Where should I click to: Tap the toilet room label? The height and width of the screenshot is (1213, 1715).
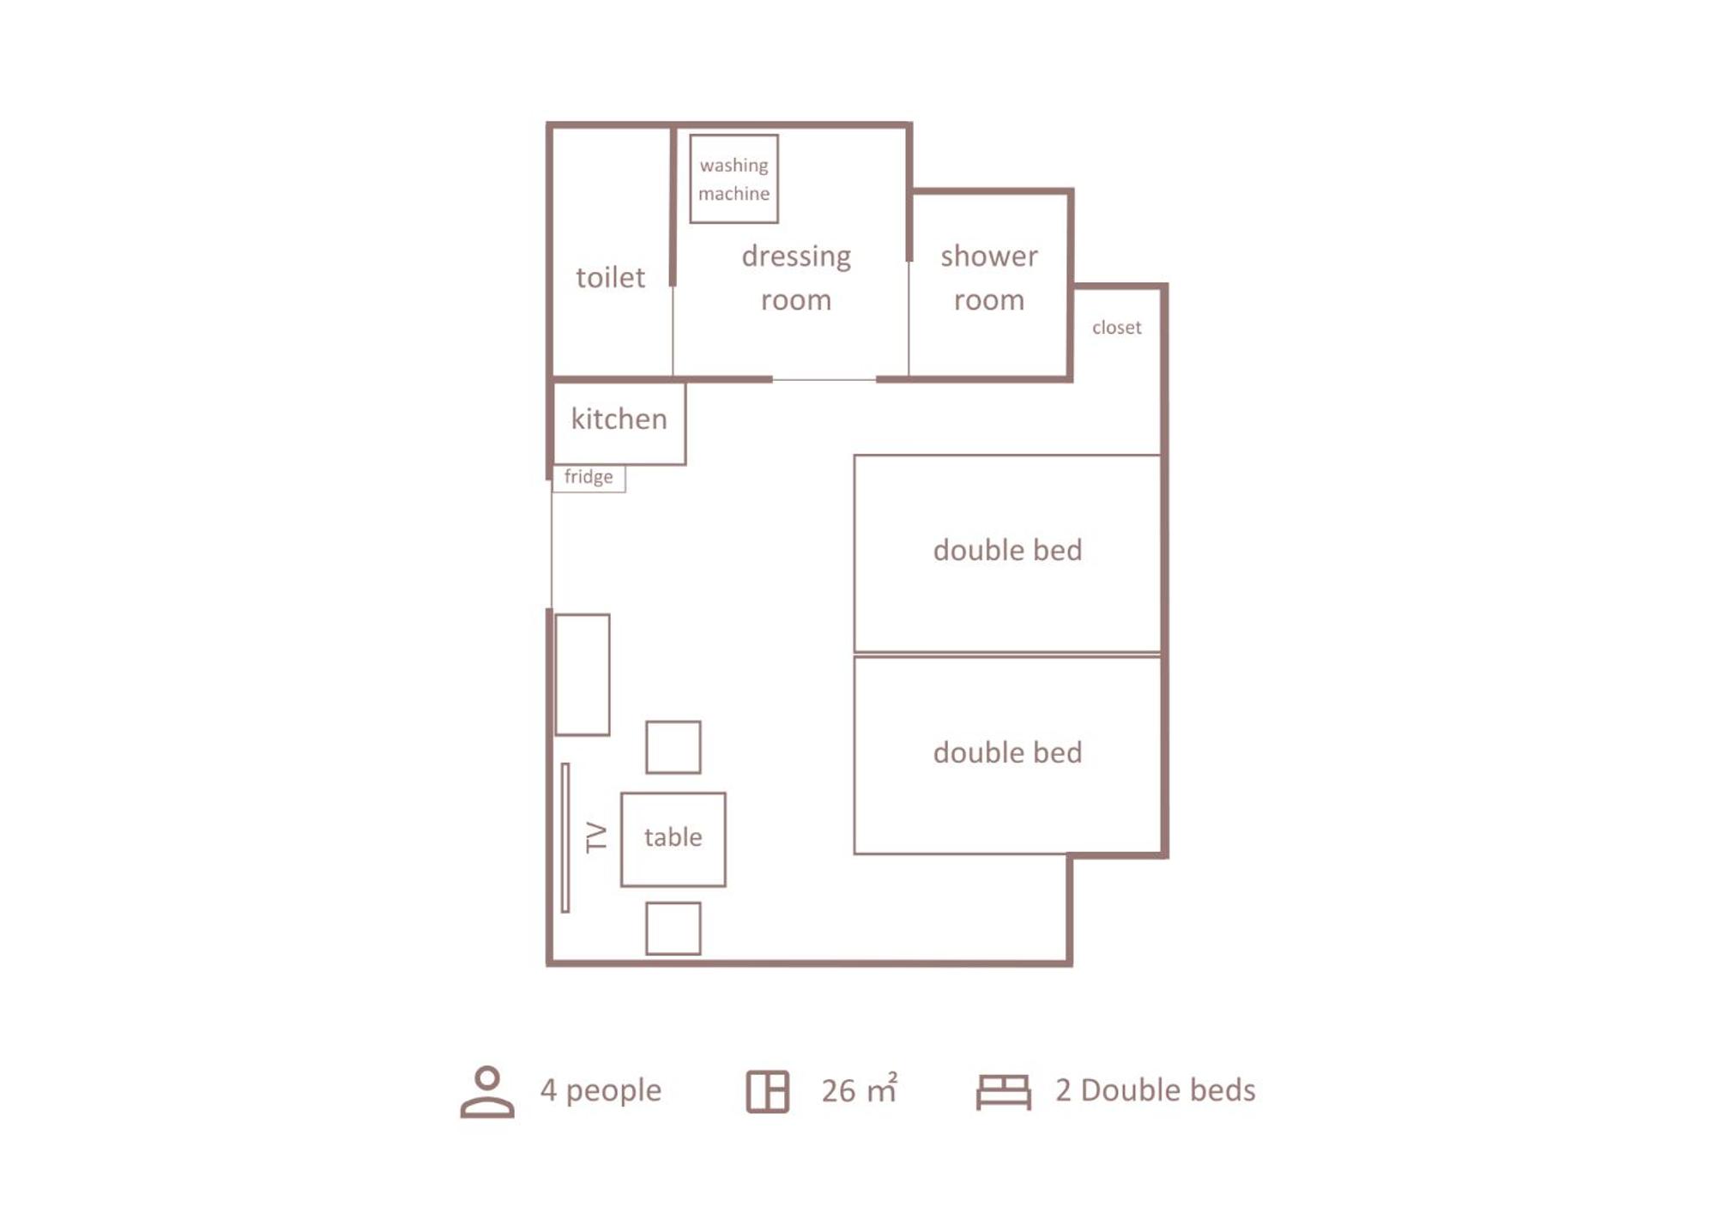[610, 277]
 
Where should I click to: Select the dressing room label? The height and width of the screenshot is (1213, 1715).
[796, 277]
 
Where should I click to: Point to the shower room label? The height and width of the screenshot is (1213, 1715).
[988, 277]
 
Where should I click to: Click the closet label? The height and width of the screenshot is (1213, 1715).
[1116, 327]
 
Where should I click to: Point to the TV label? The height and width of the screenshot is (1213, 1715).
[595, 837]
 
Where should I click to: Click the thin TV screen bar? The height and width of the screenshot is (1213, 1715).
[565, 837]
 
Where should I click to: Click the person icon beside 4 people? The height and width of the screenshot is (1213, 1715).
[487, 1092]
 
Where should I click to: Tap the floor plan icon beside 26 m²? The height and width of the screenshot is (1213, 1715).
[767, 1092]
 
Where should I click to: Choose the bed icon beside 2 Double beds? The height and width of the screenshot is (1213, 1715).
[1004, 1092]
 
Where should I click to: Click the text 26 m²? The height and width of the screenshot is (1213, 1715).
[860, 1089]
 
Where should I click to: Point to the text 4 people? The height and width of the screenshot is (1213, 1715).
[601, 1090]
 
